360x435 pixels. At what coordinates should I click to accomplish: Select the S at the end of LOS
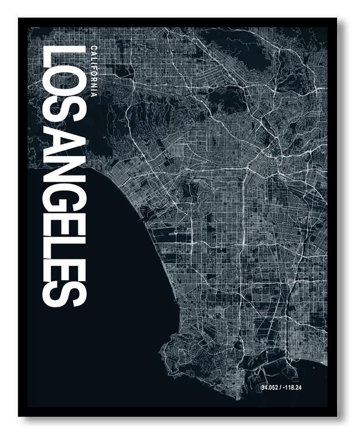coord(63,118)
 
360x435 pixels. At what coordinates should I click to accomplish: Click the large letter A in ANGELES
coord(63,147)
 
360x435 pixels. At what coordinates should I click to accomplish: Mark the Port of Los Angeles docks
coord(253,368)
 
